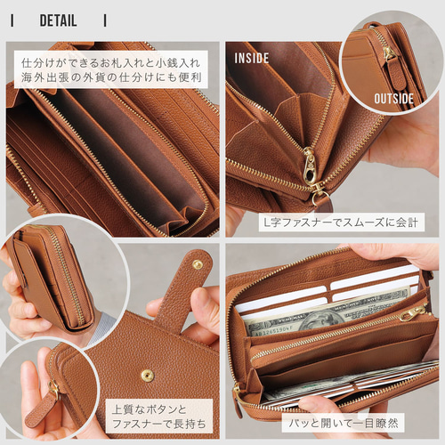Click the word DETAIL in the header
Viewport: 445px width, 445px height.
click(x=58, y=20)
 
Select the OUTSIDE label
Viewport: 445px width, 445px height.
click(x=393, y=98)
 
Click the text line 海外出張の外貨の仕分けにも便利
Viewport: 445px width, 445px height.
click(x=112, y=78)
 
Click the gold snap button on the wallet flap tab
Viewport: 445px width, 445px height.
click(x=197, y=264)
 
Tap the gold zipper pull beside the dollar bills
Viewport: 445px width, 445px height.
click(x=412, y=313)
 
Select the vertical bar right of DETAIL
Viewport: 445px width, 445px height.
click(x=105, y=20)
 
